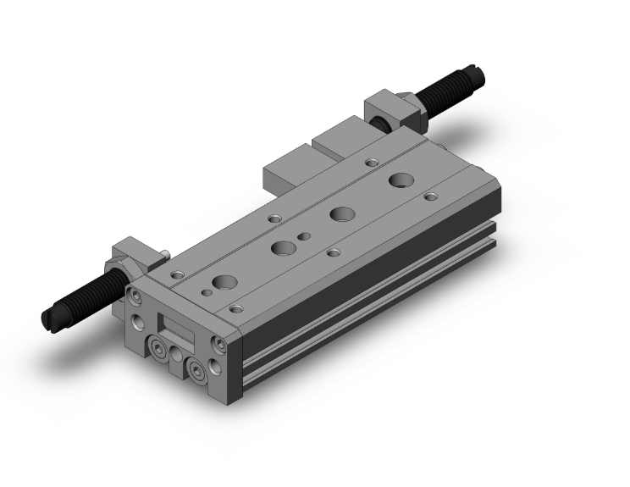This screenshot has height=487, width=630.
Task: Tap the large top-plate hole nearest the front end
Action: [225, 284]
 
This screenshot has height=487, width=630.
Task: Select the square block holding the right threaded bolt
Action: [384, 114]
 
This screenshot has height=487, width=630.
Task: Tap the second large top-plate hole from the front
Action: [284, 249]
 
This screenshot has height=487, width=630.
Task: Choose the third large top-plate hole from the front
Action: [342, 214]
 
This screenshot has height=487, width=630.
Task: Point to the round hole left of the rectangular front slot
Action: [136, 323]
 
